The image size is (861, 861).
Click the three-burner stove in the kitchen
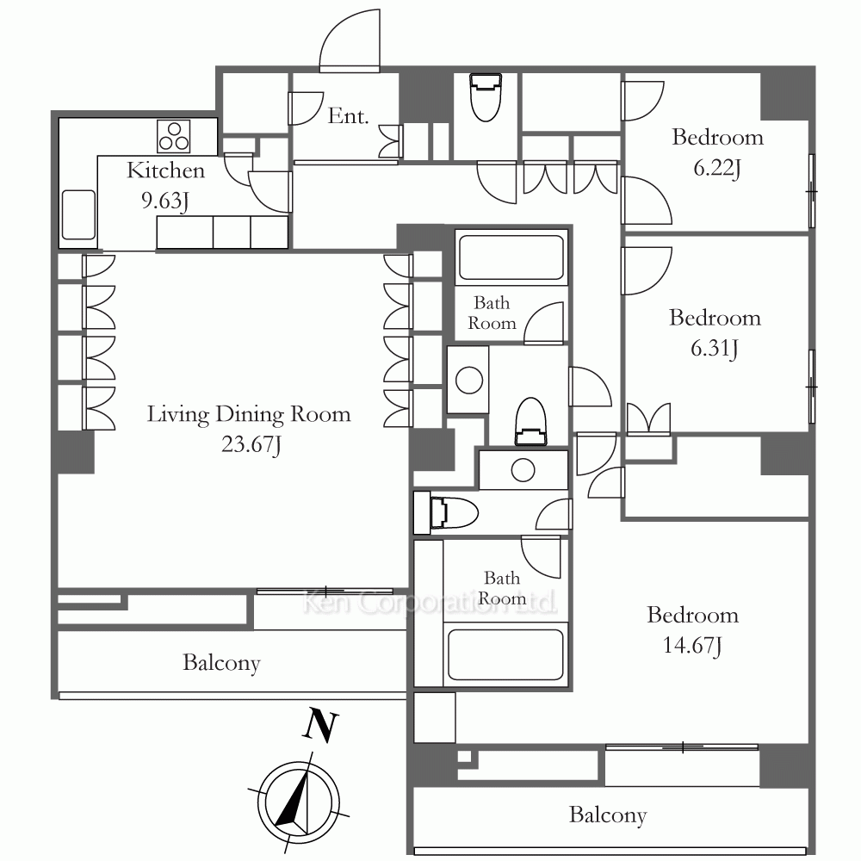point(174,136)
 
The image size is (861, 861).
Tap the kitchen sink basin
point(78,214)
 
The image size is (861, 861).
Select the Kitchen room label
point(166,170)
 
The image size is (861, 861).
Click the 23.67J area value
point(251,444)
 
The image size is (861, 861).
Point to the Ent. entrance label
point(348,116)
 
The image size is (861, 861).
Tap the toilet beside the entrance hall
point(486,97)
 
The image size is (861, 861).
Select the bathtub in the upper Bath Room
point(511,257)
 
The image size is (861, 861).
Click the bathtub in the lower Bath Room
point(505,654)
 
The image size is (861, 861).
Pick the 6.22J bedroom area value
point(717,168)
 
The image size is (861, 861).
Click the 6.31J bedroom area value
point(715,348)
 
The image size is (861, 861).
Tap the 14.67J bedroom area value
point(692,645)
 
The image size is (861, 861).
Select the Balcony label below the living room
point(221,663)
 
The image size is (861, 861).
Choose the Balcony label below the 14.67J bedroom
point(608,815)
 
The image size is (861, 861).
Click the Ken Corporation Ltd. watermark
point(430,602)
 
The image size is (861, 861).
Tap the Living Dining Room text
point(249,414)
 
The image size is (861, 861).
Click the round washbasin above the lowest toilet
point(523,470)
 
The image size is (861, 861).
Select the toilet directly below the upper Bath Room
point(530,421)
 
